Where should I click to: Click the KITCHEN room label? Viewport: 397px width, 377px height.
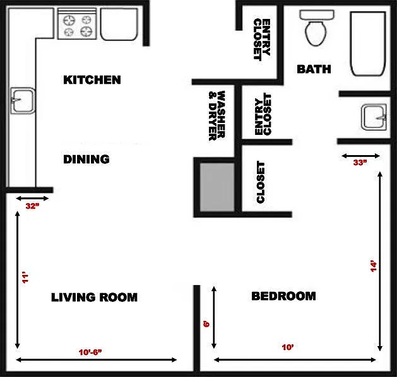92,80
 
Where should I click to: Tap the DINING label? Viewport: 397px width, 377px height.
86,159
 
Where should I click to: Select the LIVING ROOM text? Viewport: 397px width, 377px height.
94,298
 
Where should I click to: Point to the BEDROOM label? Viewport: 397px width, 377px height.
283,296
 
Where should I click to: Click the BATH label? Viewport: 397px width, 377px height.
314,69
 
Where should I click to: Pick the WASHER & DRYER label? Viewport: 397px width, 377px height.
217,116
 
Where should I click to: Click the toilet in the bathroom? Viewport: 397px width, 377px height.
316,27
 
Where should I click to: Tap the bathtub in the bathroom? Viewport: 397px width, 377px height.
368,43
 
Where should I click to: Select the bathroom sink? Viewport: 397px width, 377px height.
374,117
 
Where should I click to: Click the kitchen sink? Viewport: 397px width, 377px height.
23,101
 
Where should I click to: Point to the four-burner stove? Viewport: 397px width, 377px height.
77,24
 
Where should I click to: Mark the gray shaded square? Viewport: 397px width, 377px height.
217,187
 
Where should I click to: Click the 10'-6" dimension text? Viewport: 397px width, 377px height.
90,352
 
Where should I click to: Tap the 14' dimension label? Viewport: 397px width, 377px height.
374,267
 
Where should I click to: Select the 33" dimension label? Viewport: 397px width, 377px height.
360,163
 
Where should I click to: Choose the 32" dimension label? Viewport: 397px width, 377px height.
32,206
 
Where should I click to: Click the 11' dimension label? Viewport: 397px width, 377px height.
26,277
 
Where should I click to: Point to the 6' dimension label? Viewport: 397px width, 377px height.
206,324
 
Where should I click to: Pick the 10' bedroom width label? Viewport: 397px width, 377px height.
288,347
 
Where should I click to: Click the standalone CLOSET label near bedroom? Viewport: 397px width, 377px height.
261,182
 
